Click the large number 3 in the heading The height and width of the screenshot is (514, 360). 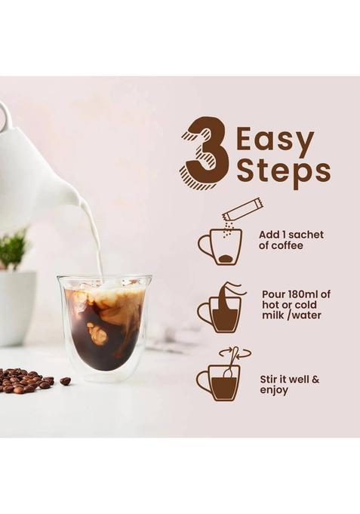[205, 147]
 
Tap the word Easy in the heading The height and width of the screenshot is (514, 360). [275, 141]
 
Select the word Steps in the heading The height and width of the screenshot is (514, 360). [283, 171]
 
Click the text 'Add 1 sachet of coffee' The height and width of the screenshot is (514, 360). [290, 240]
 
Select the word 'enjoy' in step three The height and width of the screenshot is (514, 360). [275, 391]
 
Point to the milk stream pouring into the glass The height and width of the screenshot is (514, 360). [96, 242]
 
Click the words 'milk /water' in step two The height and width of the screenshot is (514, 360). [291, 315]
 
